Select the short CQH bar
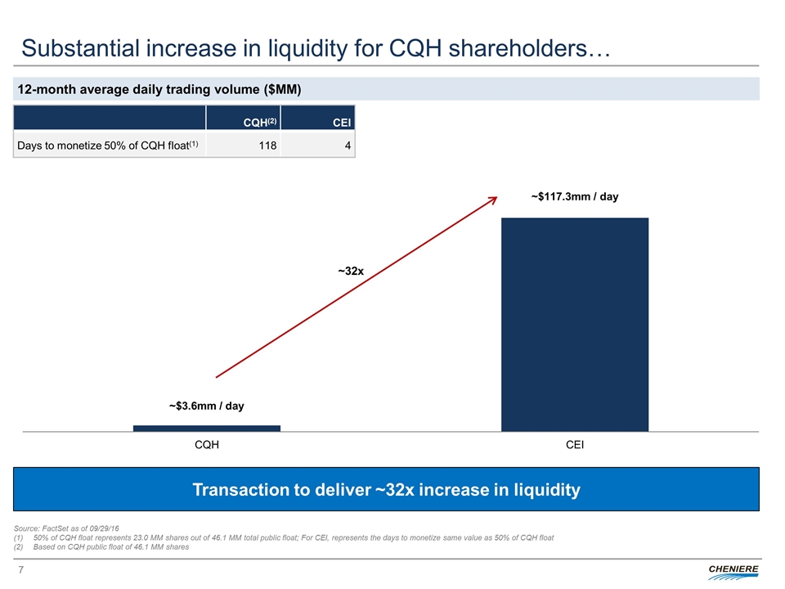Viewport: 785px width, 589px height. [x=206, y=428]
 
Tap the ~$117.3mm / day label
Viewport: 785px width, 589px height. [x=574, y=197]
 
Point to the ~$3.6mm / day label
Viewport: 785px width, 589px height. [x=206, y=406]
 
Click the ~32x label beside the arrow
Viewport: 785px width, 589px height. [x=352, y=270]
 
